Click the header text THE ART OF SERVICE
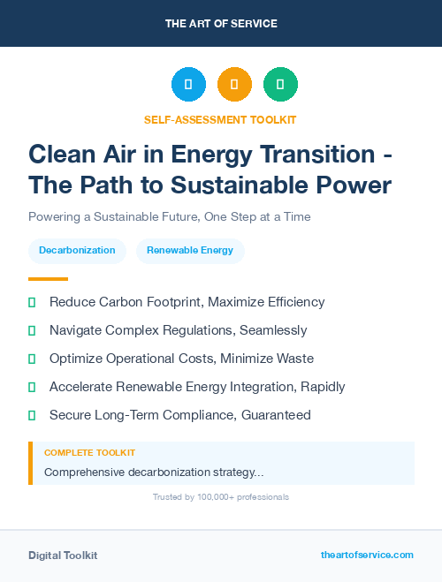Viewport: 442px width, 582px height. coord(220,23)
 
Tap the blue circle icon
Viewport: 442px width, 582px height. coord(188,85)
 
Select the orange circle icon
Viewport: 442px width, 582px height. coord(234,85)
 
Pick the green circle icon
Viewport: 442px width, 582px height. coord(280,85)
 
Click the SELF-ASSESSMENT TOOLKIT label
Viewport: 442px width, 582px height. coord(220,119)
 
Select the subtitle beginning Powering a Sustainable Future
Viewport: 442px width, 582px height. coord(170,216)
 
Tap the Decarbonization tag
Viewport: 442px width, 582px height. coord(77,250)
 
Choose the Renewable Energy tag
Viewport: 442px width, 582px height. coord(190,250)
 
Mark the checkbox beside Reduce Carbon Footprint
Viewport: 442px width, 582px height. coord(32,302)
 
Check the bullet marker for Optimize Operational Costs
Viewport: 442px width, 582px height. coord(32,359)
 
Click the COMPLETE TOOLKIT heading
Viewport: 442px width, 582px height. coord(89,452)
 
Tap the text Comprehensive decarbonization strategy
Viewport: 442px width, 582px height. coord(153,472)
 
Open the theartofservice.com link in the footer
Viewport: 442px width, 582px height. coord(367,555)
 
